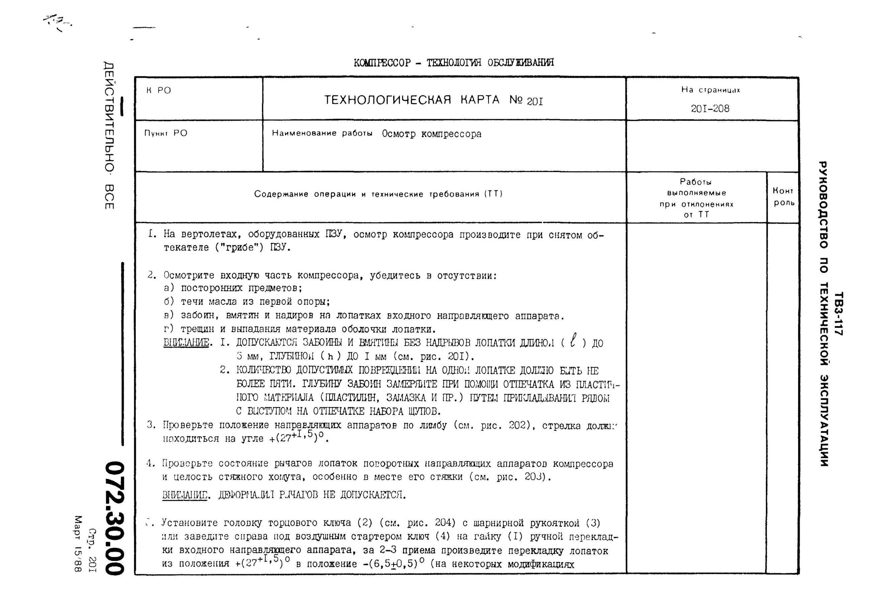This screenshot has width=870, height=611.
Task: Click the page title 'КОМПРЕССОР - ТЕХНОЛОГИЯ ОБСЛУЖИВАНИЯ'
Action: coord(453,63)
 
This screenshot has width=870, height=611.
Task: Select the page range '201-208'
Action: coord(710,109)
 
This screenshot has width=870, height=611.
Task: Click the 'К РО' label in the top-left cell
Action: coord(159,91)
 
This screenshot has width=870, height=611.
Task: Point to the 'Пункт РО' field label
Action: coord(166,133)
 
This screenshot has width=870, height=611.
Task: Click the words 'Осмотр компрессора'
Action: coord(432,134)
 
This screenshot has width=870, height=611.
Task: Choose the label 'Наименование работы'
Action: coord(322,133)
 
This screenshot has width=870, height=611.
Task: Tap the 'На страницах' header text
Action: coord(710,90)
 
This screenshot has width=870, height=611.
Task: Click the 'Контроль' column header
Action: coord(783,197)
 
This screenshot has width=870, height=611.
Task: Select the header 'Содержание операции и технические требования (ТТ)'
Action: coord(378,194)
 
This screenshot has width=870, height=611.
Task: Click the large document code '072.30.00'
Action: coord(114,518)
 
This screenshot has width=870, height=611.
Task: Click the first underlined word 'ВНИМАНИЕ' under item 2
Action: coord(186,343)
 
